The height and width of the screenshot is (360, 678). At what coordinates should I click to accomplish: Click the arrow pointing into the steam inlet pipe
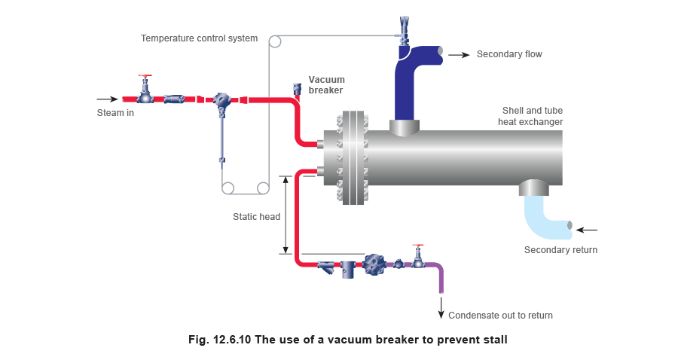(x=108, y=99)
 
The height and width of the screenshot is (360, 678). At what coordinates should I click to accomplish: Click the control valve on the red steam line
(x=222, y=100)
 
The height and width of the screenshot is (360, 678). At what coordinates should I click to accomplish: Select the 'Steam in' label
(x=117, y=113)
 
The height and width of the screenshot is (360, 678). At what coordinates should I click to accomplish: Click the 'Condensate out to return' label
(x=500, y=316)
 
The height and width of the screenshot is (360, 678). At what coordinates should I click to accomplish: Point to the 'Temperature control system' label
(x=199, y=38)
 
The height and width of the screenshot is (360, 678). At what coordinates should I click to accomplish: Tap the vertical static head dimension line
(x=286, y=215)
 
